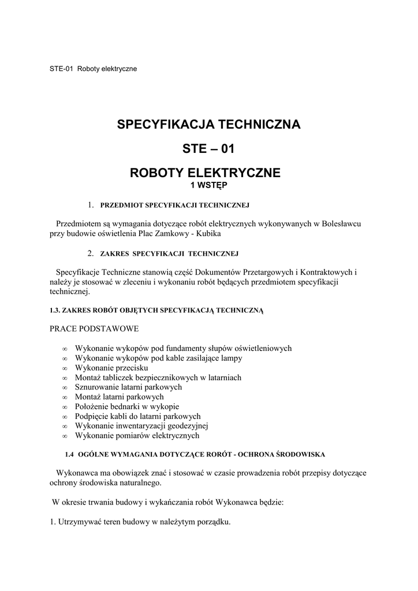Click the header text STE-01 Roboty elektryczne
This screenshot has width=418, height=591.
coord(93,69)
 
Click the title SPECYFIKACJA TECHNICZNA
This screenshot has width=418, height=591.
coord(209,124)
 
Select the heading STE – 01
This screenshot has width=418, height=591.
coord(209,149)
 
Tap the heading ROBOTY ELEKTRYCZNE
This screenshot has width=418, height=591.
coord(209,173)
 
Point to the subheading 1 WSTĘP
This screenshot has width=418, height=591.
coord(209,185)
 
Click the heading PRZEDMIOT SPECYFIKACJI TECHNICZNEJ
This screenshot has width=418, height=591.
coord(174,205)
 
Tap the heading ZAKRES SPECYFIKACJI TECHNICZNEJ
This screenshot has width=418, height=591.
coord(169,253)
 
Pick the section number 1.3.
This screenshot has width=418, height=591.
coord(55,311)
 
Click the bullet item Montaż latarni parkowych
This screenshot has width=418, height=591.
coord(120,397)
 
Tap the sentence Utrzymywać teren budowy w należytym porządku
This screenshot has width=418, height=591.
coord(140,522)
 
